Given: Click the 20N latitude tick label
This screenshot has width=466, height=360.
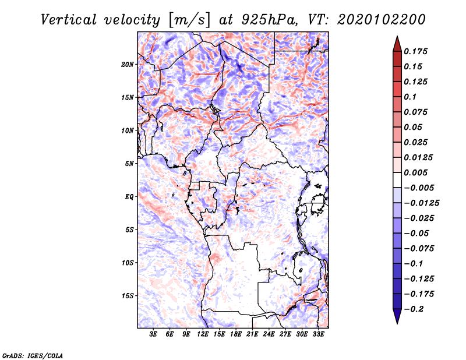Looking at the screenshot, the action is tap(128, 65).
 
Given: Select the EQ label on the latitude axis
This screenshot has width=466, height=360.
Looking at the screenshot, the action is tap(129, 197).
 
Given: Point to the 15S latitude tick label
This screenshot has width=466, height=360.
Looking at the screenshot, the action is tap(128, 296).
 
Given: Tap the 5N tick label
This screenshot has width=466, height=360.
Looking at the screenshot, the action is tap(129, 164).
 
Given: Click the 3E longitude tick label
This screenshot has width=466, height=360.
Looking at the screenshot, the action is tap(153, 334).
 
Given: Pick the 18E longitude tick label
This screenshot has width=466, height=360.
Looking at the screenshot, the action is tap(236, 334).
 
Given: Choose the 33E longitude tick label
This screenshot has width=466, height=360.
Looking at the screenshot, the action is tap(318, 334).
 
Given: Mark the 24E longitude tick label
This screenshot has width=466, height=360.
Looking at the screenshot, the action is tap(269, 334).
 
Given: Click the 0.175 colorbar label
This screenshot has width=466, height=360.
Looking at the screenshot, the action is tap(415, 51).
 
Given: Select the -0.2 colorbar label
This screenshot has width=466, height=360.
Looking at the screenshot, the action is tap(414, 309).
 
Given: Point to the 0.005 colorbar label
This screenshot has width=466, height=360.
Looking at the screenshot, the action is tap(415, 172).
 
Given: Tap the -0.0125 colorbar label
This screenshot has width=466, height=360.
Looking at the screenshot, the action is tap(421, 203).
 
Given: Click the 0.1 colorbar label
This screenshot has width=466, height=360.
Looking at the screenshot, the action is tap(410, 97).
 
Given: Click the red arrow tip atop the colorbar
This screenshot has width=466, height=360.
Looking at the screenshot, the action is tap(397, 37).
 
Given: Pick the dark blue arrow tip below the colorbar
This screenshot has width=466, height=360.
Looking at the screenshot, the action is tap(397, 323).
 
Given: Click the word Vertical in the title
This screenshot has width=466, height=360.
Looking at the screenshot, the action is tap(68, 20).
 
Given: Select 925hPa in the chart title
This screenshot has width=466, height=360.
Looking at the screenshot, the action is tap(270, 20).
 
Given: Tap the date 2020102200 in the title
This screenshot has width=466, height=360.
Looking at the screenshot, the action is tap(382, 20).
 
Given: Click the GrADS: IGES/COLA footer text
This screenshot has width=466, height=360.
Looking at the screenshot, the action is tap(33, 355).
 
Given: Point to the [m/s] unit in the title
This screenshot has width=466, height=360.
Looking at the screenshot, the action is tap(189, 20).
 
